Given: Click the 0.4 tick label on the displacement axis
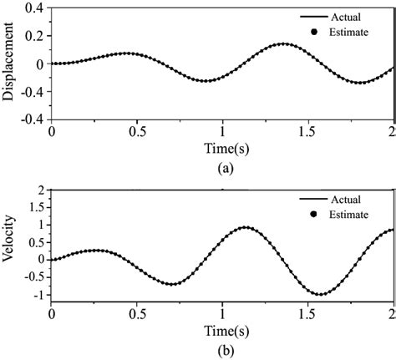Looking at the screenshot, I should (x=34, y=8).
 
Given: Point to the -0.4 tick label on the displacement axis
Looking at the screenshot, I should (x=32, y=119).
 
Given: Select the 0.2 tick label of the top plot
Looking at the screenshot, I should (x=34, y=35).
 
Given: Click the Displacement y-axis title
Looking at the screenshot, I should (x=8, y=63).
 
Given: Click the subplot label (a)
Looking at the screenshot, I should (x=222, y=167).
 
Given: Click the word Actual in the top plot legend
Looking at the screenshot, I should (x=347, y=16).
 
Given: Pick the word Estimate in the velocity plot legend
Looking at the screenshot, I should (x=352, y=215).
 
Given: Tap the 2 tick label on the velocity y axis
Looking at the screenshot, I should (x=39, y=190).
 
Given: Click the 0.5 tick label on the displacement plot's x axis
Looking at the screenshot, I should (x=137, y=132).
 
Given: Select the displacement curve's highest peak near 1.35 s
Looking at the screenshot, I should (x=284, y=43).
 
